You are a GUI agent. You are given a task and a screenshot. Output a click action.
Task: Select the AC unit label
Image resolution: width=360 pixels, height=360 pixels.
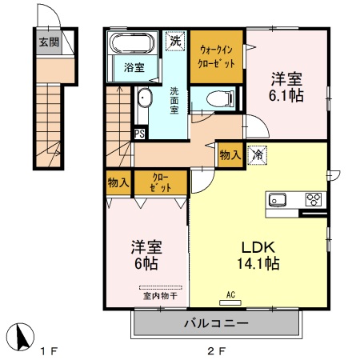click(x=231, y=294)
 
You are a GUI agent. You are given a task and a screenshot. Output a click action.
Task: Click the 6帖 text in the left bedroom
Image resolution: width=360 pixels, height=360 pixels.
click(x=145, y=264)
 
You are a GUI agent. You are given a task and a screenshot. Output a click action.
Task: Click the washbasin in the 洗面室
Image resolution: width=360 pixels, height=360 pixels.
click(x=144, y=98)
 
